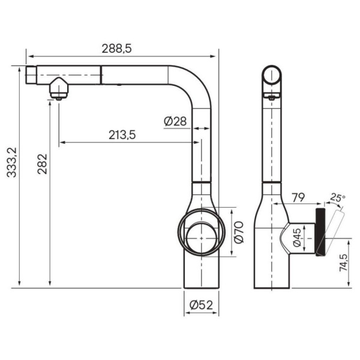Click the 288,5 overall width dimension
coord(118,50)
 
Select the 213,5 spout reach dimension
coord(122,135)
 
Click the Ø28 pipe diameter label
coord(175,121)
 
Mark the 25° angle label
coord(338,197)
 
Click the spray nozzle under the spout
coord(59,89)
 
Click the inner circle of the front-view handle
coord(201,235)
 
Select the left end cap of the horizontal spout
coord(32,75)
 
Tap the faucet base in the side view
coord(273,270)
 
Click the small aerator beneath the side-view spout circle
coord(272,96)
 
